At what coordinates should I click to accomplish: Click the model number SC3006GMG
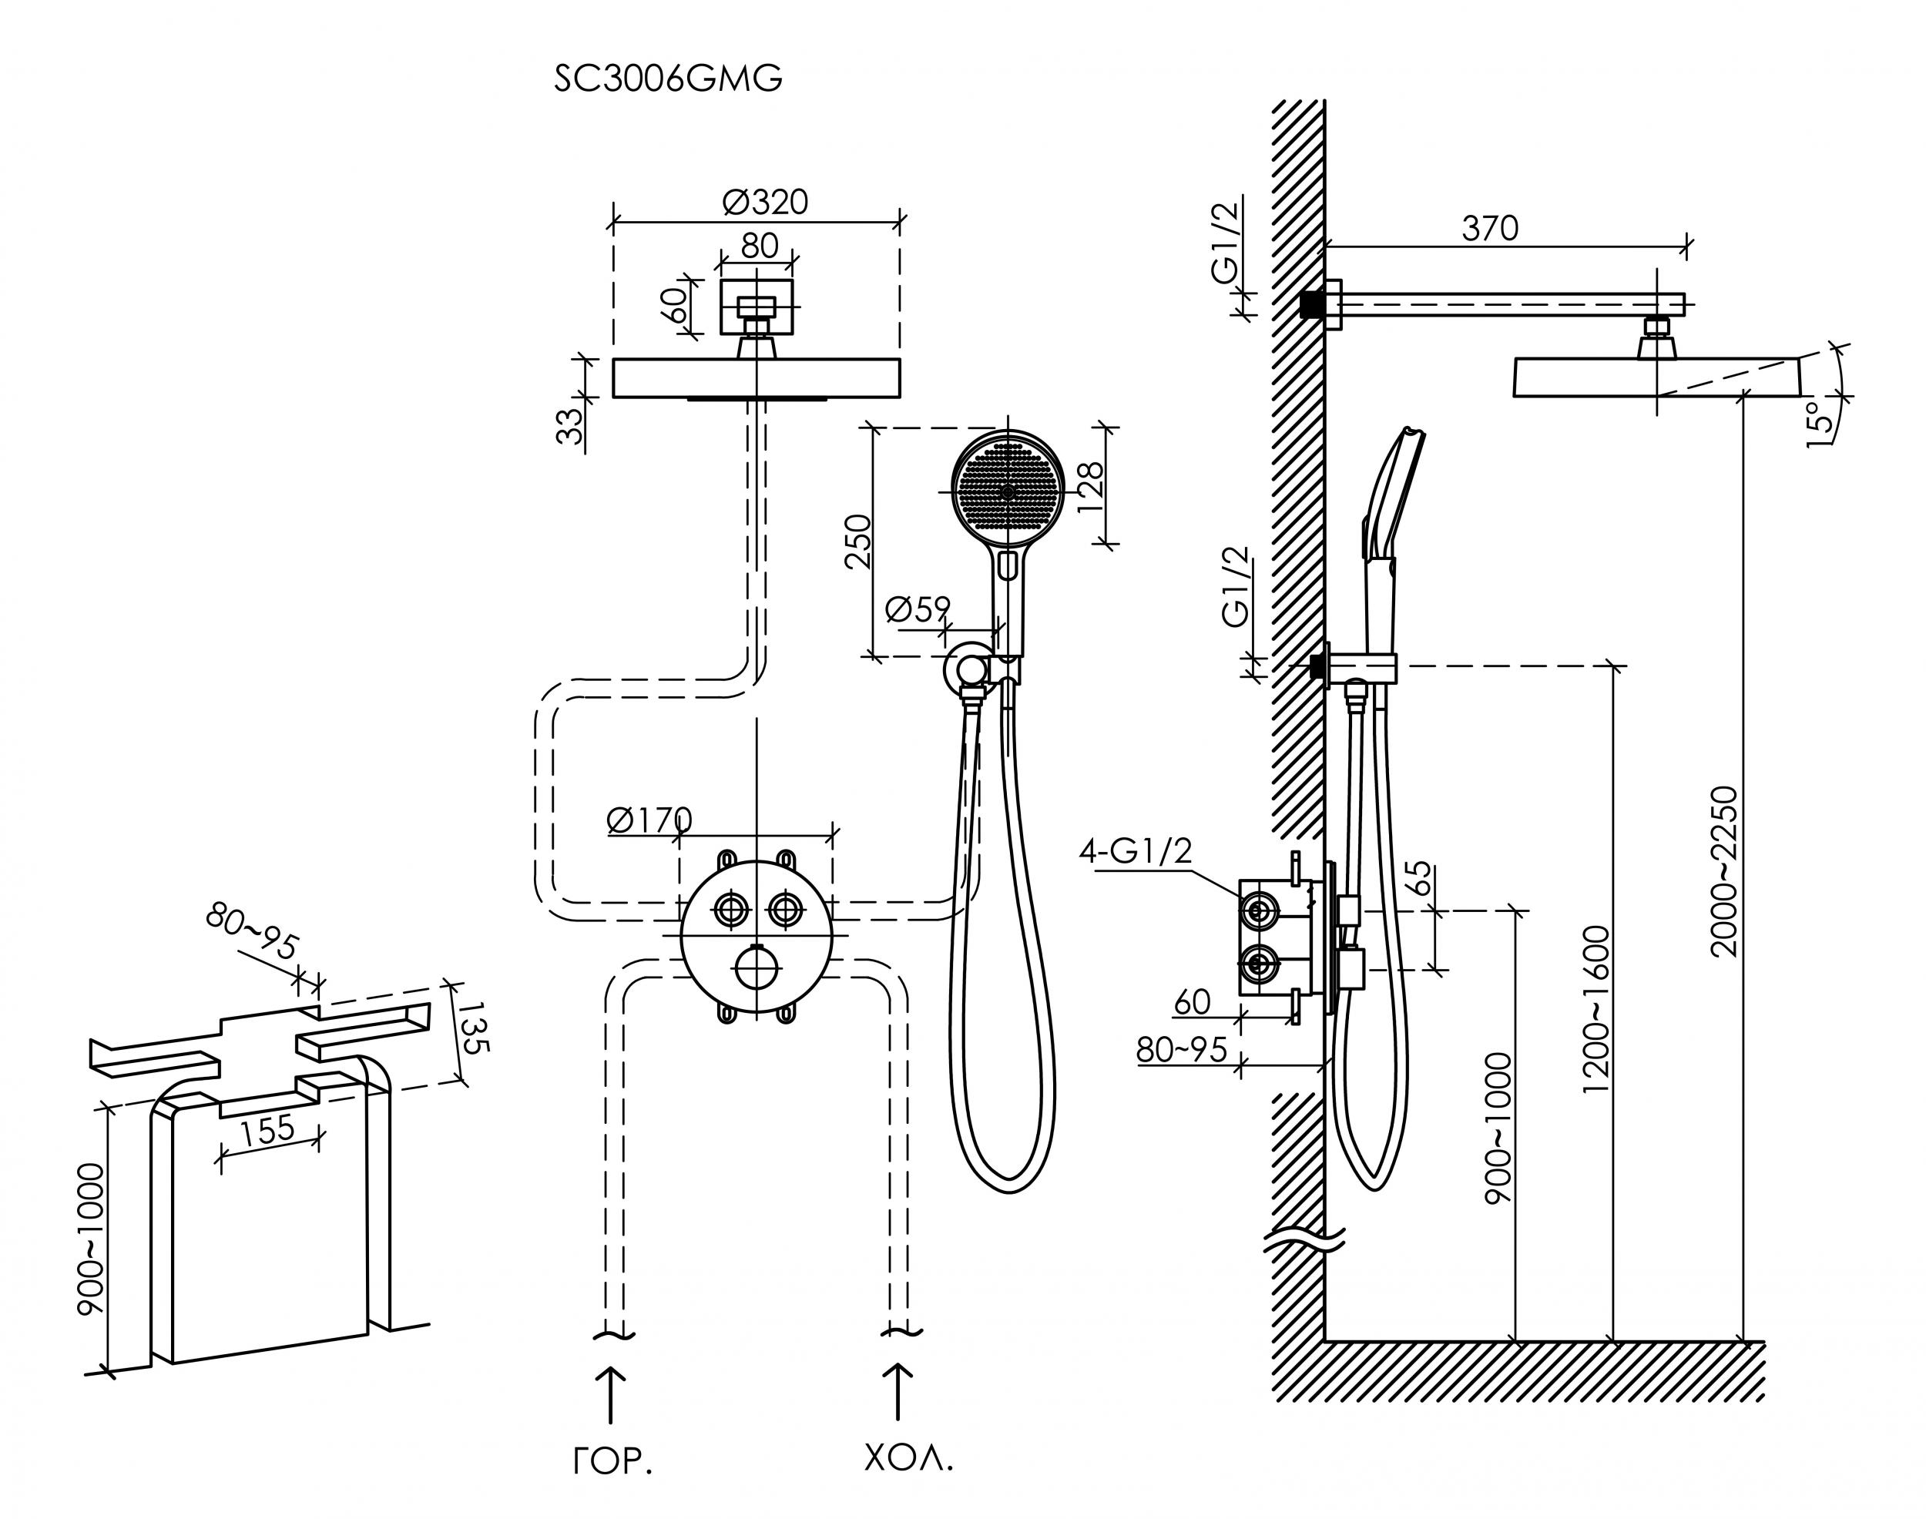point(668,79)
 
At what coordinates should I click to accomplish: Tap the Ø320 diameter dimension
point(765,202)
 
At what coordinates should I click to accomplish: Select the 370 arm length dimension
point(1490,229)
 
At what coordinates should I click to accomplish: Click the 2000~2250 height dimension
point(1723,870)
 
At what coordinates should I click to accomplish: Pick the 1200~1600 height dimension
point(1598,1008)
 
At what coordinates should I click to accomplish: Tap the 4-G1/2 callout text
point(1135,851)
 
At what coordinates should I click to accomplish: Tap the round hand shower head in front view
point(1007,491)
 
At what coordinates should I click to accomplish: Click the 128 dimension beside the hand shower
point(1091,488)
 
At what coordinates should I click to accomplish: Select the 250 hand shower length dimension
point(858,542)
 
